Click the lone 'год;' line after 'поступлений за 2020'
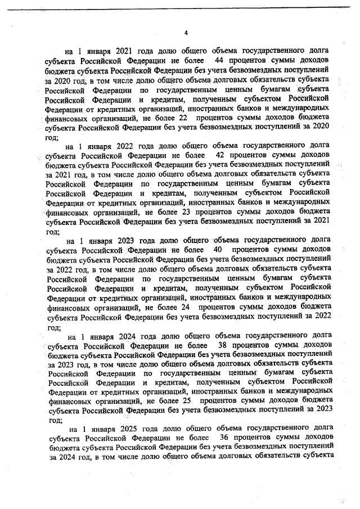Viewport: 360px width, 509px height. point(55,138)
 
